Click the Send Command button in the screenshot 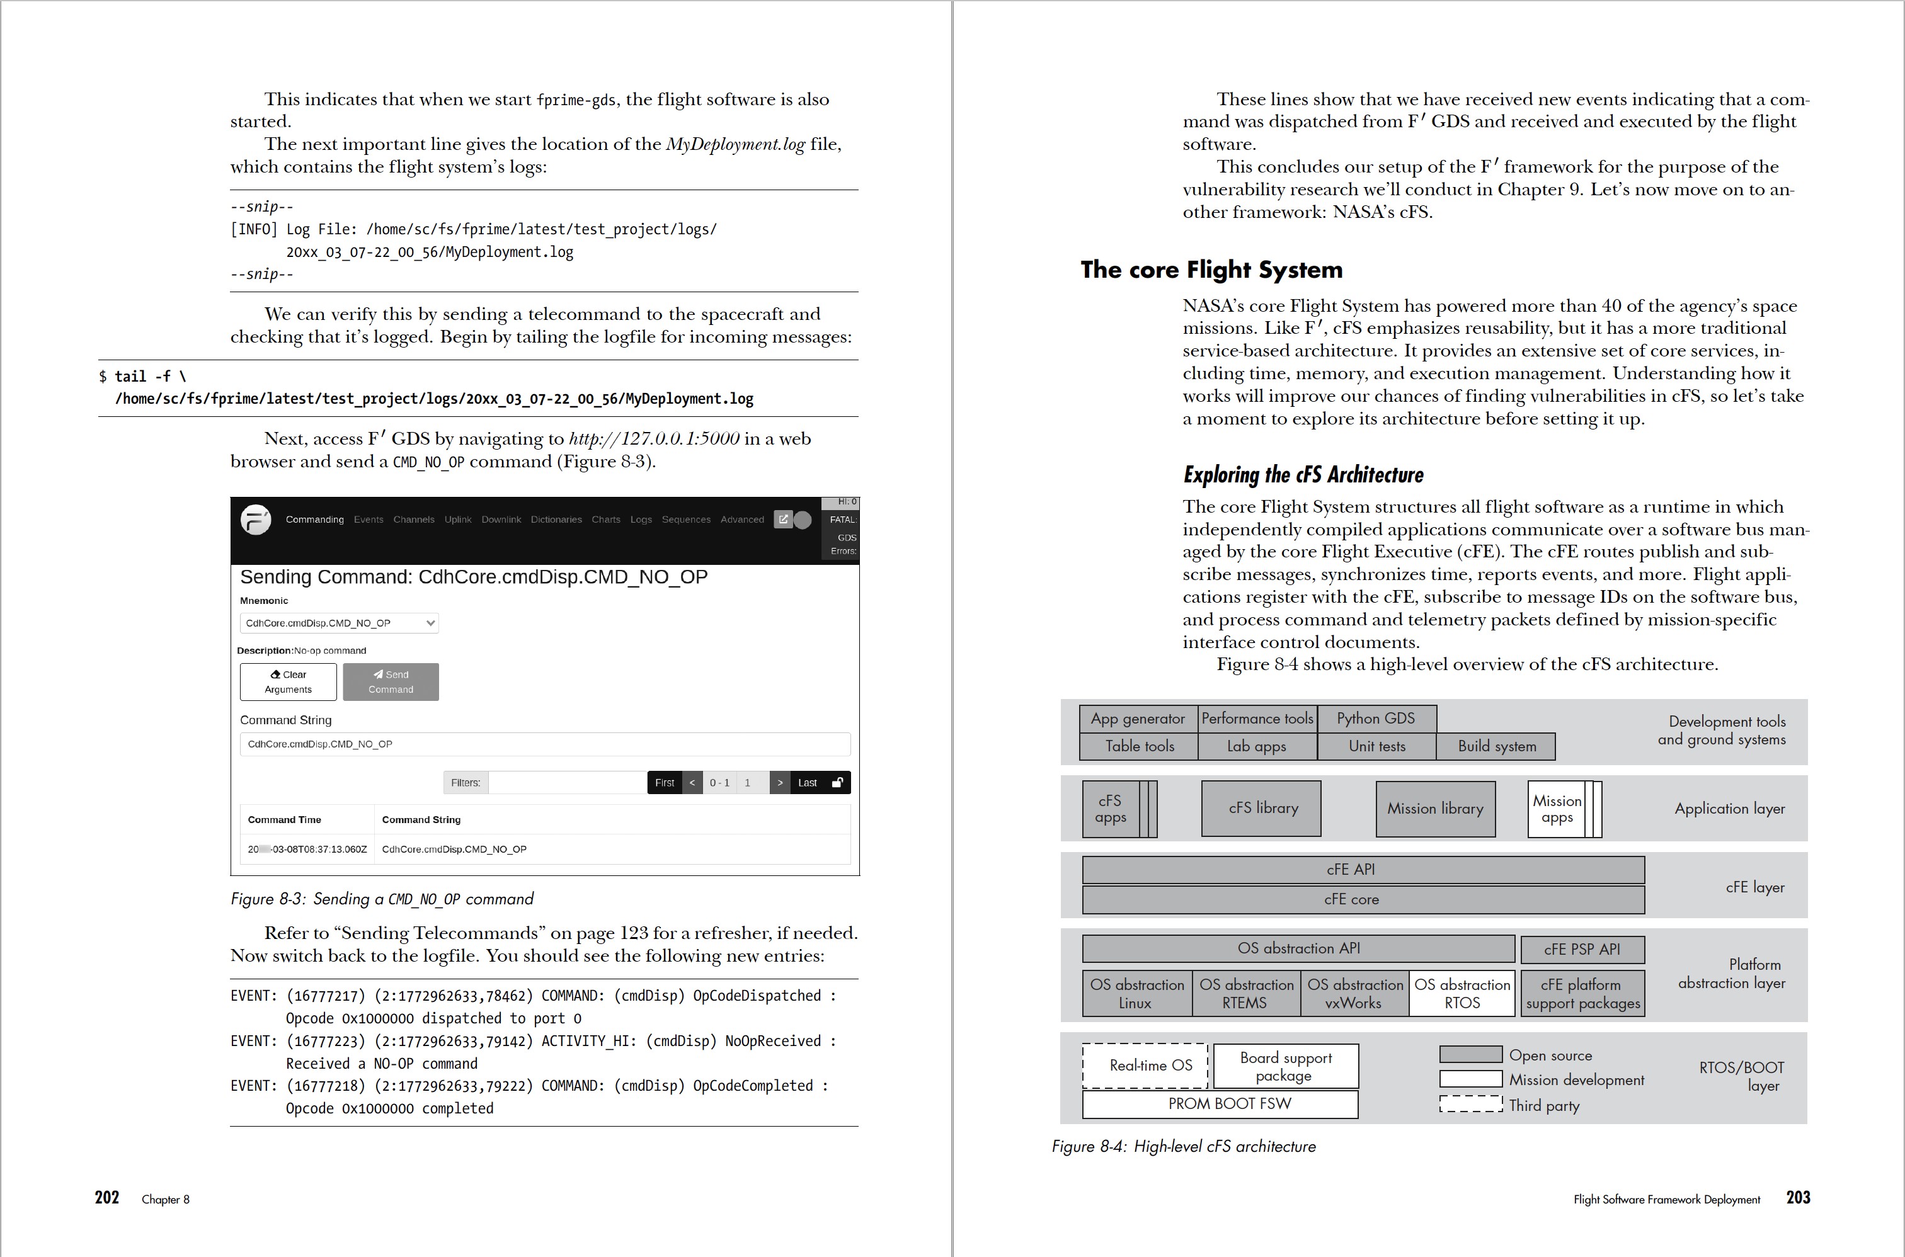tap(391, 681)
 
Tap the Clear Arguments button tap(288, 681)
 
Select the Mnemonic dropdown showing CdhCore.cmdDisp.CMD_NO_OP tap(339, 623)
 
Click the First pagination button tap(664, 782)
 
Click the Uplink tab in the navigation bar tap(458, 520)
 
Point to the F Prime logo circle tap(256, 520)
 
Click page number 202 tap(106, 1198)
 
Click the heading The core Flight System tap(1211, 270)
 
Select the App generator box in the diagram tap(1138, 719)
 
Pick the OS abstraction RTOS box tap(1462, 993)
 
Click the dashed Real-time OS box tap(1145, 1066)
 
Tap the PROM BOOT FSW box tap(1220, 1104)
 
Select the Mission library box tap(1435, 809)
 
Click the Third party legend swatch tap(1470, 1105)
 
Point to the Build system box tap(1496, 746)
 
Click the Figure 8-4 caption tap(1184, 1146)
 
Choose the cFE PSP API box tap(1582, 949)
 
